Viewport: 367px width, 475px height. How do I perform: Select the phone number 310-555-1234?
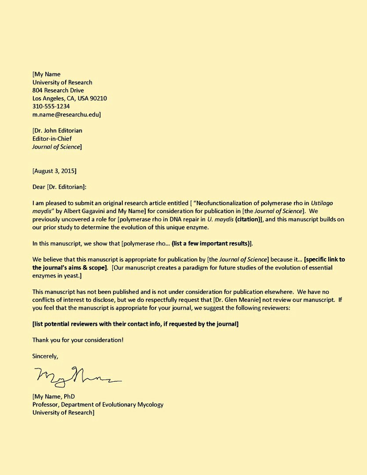51,106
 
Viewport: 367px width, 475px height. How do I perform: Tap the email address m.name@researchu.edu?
66,114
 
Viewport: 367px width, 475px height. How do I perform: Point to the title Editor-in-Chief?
52,139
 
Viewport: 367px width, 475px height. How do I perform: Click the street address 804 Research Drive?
58,90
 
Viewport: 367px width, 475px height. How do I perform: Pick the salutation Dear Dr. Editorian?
59,186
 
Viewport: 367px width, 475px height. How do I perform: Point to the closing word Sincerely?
45,356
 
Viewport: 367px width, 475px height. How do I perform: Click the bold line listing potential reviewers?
136,324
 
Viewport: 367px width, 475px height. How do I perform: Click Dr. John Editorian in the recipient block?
58,131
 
